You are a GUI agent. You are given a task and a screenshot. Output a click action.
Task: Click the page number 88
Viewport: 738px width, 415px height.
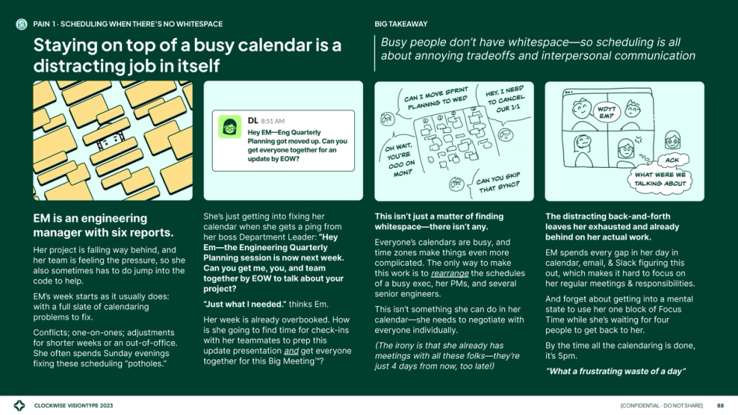(x=720, y=406)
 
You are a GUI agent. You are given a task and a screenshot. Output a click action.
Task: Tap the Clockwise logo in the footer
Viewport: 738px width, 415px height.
(x=19, y=406)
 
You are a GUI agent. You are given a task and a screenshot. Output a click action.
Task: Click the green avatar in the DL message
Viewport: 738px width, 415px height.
(x=230, y=127)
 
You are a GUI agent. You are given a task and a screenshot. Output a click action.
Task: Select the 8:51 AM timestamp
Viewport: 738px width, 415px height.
(x=273, y=121)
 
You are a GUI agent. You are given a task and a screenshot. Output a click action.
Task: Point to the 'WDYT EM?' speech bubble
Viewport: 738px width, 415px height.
(x=607, y=112)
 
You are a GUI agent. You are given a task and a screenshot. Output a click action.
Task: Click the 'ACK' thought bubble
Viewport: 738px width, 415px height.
(x=672, y=160)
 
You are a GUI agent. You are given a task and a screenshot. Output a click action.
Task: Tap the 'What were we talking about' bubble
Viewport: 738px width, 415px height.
(x=660, y=180)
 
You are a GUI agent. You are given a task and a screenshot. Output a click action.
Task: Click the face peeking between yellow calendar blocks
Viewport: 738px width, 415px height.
(x=110, y=141)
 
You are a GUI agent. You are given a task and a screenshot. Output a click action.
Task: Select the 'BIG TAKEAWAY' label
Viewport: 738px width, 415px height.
(x=401, y=24)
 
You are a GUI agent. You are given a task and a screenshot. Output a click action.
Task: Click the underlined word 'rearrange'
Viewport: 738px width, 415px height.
(x=450, y=274)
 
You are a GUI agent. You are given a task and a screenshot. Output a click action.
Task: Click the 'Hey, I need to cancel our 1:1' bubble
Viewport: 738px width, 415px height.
(x=505, y=99)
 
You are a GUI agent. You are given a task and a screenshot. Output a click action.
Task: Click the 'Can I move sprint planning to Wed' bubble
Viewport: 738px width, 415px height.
(x=435, y=99)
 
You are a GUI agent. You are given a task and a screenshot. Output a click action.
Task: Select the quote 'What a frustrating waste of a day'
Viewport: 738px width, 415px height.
(x=615, y=371)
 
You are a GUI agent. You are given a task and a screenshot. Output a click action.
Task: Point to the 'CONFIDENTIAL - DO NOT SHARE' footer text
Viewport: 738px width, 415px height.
(x=661, y=406)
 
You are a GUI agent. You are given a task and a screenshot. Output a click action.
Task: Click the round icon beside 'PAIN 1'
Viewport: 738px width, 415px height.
(x=22, y=25)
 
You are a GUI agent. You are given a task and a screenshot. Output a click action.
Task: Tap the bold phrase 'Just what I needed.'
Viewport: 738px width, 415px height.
(x=245, y=305)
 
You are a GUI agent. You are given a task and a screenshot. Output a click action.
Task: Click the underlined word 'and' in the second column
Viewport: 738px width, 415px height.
(x=291, y=351)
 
